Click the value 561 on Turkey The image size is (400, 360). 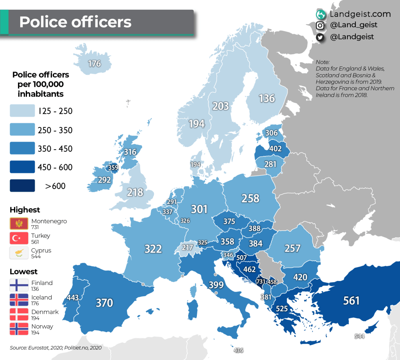[351, 300]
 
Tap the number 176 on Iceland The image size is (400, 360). [95, 63]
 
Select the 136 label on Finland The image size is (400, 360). [267, 98]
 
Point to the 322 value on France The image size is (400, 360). [153, 249]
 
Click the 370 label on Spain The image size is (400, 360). [104, 303]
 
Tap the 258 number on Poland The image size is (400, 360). [250, 198]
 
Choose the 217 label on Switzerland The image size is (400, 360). [187, 248]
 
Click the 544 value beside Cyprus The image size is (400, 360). [360, 336]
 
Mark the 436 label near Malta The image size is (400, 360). [238, 350]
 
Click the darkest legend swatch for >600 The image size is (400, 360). [22, 186]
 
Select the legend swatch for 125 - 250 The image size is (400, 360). [22, 111]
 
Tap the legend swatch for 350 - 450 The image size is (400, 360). [22, 149]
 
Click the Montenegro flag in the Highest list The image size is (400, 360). [19, 224]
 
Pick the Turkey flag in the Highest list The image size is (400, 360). [19, 238]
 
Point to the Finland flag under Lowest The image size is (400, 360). [19, 285]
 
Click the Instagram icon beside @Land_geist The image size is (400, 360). [320, 25]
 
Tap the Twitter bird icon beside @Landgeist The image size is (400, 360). [320, 37]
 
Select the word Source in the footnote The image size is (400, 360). [18, 347]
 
